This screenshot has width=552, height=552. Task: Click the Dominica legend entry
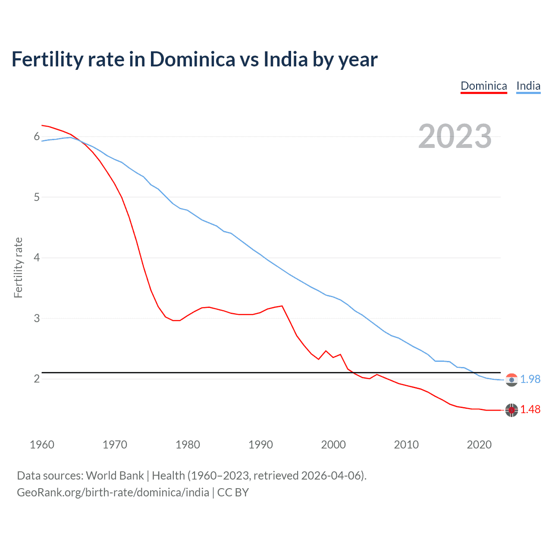pyautogui.click(x=483, y=86)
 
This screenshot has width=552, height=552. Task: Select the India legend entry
pyautogui.click(x=528, y=86)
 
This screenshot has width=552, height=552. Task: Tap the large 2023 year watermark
pyautogui.click(x=455, y=136)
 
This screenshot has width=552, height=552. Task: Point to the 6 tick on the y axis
pyautogui.click(x=37, y=137)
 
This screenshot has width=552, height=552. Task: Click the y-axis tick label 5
pyautogui.click(x=37, y=197)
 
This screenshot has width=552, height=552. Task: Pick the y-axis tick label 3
pyautogui.click(x=37, y=318)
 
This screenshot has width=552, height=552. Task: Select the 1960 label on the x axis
pyautogui.click(x=42, y=445)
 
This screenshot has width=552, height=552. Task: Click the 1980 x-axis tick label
pyautogui.click(x=188, y=445)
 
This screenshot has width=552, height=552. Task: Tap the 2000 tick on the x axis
pyautogui.click(x=333, y=445)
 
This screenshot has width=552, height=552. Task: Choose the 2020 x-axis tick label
pyautogui.click(x=479, y=445)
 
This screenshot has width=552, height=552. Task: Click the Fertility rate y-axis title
pyautogui.click(x=18, y=267)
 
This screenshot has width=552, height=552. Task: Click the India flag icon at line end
pyautogui.click(x=511, y=379)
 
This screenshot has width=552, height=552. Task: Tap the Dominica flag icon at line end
pyautogui.click(x=511, y=410)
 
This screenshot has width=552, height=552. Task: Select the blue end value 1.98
pyautogui.click(x=530, y=379)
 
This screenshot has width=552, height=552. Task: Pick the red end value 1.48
pyautogui.click(x=530, y=409)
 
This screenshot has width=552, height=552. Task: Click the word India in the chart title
pyautogui.click(x=286, y=60)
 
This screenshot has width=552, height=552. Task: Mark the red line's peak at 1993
pyautogui.click(x=282, y=306)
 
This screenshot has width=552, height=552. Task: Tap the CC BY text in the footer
pyautogui.click(x=233, y=492)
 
